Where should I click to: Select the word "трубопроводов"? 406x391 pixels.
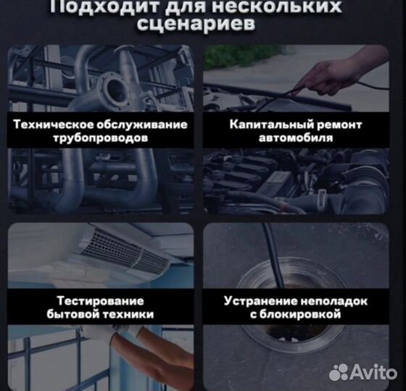click(x=101, y=138)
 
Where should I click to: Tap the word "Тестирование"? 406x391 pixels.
click(x=100, y=300)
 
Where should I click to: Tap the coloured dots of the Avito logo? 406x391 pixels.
click(x=340, y=372)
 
